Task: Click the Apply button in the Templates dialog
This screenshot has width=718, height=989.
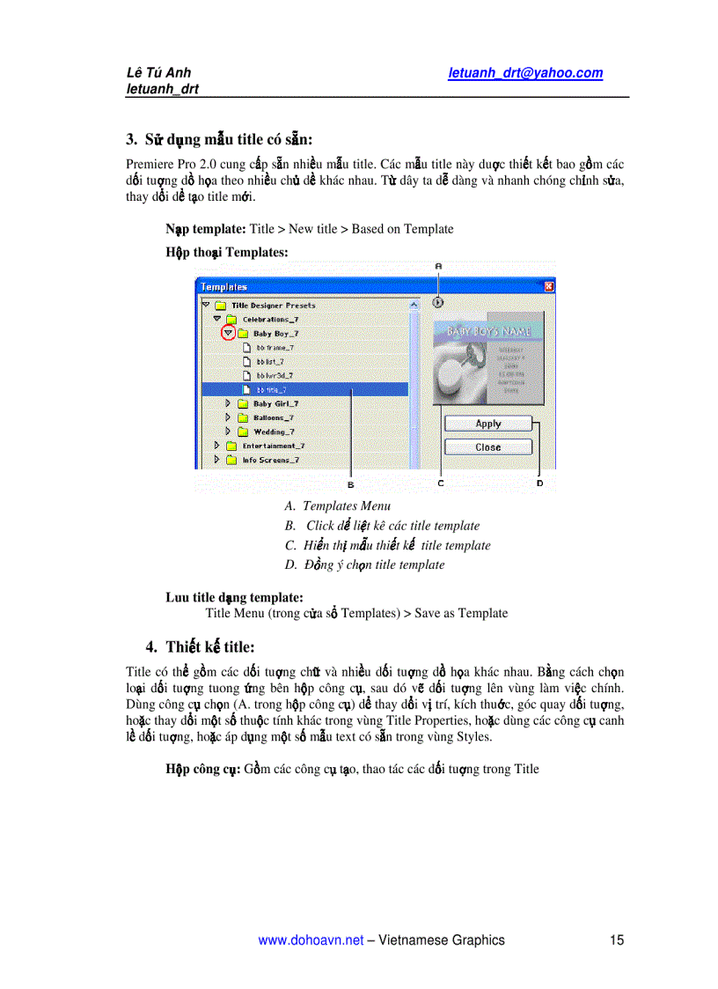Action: [x=488, y=424]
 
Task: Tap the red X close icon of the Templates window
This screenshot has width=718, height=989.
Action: [x=549, y=286]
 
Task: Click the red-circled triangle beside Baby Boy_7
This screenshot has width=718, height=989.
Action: [x=229, y=333]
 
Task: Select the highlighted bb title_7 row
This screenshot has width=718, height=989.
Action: [x=304, y=389]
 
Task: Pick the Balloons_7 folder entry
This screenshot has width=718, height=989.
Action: [x=273, y=417]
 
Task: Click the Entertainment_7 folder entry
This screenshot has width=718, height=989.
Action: [x=273, y=446]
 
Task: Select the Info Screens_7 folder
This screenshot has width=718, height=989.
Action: [x=270, y=460]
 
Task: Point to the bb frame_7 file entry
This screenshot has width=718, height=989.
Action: [x=275, y=347]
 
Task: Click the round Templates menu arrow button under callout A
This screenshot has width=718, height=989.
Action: [x=438, y=302]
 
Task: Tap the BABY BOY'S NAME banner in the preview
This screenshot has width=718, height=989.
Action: [x=490, y=332]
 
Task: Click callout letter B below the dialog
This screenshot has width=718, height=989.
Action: [x=350, y=483]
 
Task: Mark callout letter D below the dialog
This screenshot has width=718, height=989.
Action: [x=540, y=483]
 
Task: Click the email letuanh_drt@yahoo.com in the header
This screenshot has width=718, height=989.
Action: [x=525, y=73]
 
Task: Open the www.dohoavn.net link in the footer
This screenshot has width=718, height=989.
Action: [x=311, y=940]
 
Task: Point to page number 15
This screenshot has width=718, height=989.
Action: [x=616, y=940]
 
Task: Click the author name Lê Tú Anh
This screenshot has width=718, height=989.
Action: [x=158, y=73]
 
